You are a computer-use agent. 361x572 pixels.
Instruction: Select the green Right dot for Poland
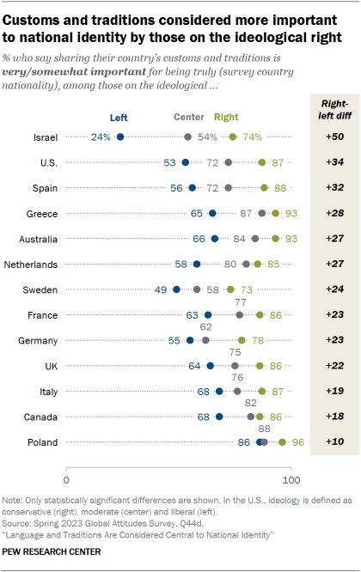tap(283, 442)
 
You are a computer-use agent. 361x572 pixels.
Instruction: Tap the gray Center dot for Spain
tap(229, 187)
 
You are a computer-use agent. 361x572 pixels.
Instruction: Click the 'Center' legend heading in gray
tap(188, 119)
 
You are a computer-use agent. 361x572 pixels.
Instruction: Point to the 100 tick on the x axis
tap(291, 478)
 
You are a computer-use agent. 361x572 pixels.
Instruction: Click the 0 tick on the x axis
tap(66, 478)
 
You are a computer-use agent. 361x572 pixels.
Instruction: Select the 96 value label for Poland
tap(299, 442)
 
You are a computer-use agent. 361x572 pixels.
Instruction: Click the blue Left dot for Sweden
tap(177, 289)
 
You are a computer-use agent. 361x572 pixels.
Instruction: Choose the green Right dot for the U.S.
tap(262, 162)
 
